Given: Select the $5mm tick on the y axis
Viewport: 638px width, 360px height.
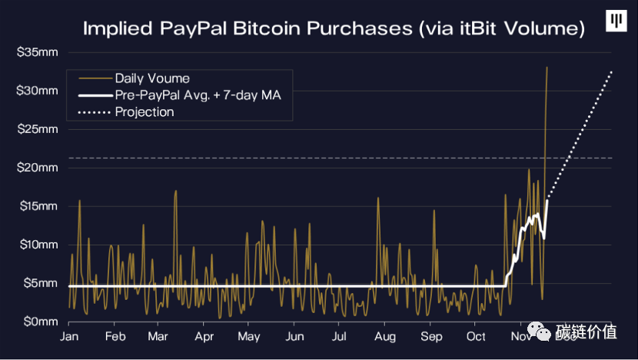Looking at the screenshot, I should [39, 283].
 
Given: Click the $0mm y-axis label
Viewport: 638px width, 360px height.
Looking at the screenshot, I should [39, 321].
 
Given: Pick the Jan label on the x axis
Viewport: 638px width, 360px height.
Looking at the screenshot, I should [70, 337].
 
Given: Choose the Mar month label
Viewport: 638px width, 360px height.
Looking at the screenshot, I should [158, 337].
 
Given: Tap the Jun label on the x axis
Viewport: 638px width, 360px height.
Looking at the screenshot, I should [294, 337].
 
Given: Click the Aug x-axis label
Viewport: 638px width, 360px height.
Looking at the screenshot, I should [385, 337].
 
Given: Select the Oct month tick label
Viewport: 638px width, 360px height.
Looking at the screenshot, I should [477, 337].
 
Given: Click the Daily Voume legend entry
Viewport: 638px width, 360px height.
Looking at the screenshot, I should [152, 78].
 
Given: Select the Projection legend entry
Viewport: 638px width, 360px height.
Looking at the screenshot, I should [145, 112].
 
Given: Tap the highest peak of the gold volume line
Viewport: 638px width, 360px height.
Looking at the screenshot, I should [547, 68].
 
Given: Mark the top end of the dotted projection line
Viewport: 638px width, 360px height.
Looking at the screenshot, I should [612, 71].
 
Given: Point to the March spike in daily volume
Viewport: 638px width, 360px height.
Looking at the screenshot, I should [176, 191].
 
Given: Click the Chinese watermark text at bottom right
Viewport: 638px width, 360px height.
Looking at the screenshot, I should [587, 332].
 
